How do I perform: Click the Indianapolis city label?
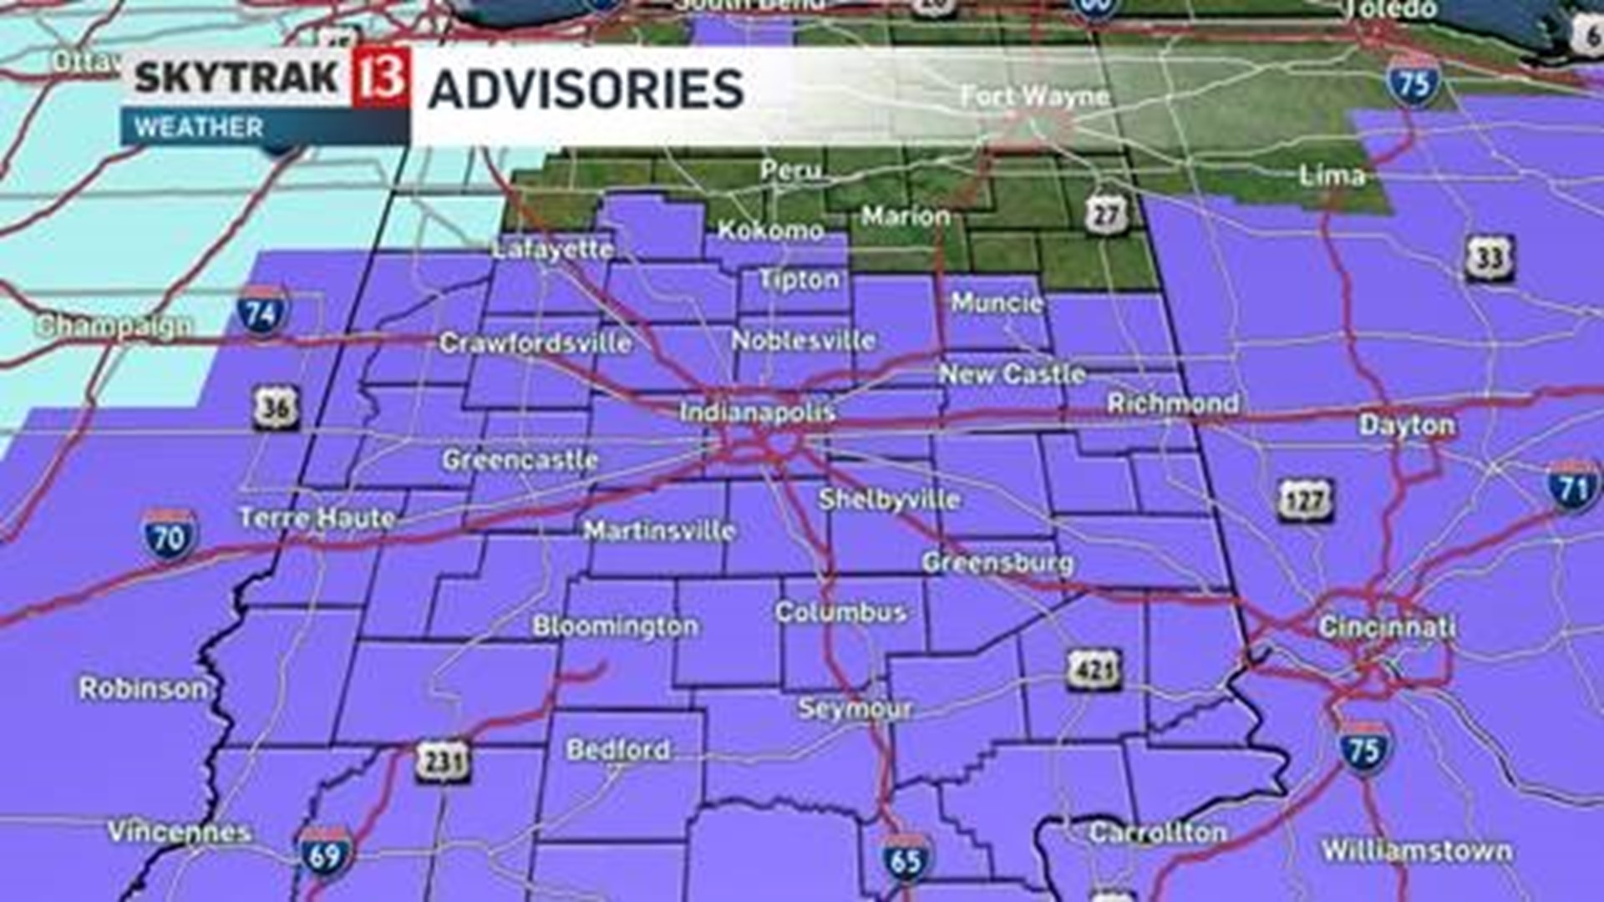(757, 412)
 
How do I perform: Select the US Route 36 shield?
(276, 408)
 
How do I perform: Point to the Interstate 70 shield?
(170, 535)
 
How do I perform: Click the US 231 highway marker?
(443, 762)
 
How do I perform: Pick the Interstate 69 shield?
(324, 854)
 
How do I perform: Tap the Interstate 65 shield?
(906, 859)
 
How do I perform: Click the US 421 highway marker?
(1094, 670)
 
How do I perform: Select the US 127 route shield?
(1306, 501)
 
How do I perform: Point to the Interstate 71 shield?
(1574, 487)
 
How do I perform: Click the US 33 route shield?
(1490, 259)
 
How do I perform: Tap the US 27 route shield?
(1106, 215)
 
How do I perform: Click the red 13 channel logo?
(381, 77)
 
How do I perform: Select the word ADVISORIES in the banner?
(586, 89)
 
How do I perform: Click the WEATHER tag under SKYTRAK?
(199, 128)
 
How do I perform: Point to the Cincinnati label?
(1386, 627)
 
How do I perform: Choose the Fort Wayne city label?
(1034, 97)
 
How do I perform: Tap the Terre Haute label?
(317, 518)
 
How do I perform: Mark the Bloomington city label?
(616, 626)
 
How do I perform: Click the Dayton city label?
(1407, 425)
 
